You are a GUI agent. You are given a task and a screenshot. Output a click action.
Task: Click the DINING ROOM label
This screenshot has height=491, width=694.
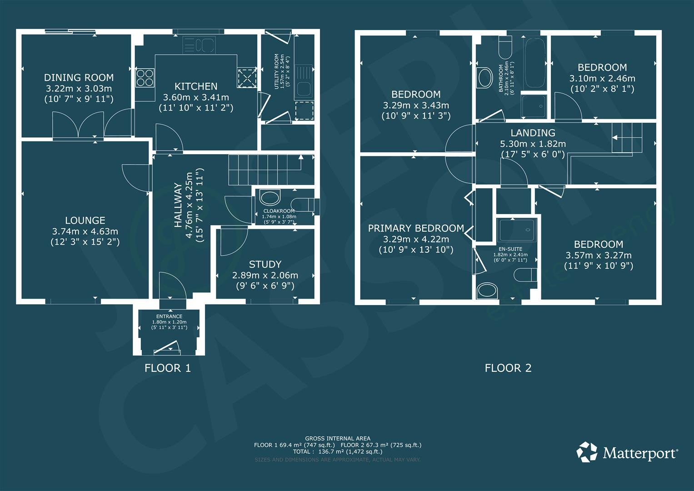(x=79, y=78)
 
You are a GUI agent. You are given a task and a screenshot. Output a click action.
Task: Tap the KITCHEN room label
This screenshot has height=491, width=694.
(x=196, y=86)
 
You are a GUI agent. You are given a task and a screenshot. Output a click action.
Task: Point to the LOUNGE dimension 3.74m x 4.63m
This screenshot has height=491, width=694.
(x=85, y=231)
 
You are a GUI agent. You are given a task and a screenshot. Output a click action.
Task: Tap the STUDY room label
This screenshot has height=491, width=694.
(x=265, y=264)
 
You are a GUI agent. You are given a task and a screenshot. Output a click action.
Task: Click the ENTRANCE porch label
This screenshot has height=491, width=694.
(x=169, y=316)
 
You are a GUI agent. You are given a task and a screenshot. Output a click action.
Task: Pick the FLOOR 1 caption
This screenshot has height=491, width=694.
(x=168, y=368)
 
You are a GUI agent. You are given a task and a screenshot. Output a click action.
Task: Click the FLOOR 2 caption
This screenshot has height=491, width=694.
(x=508, y=368)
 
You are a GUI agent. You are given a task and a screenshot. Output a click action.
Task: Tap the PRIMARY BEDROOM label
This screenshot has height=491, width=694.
(x=416, y=228)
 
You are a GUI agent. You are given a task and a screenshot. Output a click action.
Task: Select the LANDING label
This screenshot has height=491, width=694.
(x=533, y=133)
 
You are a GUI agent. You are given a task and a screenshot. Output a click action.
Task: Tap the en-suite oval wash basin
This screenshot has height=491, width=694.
(x=487, y=291)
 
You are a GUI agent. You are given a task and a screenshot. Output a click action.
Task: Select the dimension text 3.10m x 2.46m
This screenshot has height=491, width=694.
(x=602, y=78)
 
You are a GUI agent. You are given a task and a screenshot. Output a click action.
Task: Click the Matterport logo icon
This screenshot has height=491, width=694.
(x=587, y=452)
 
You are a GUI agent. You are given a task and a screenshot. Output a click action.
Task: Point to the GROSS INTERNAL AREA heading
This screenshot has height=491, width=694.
(x=337, y=439)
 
